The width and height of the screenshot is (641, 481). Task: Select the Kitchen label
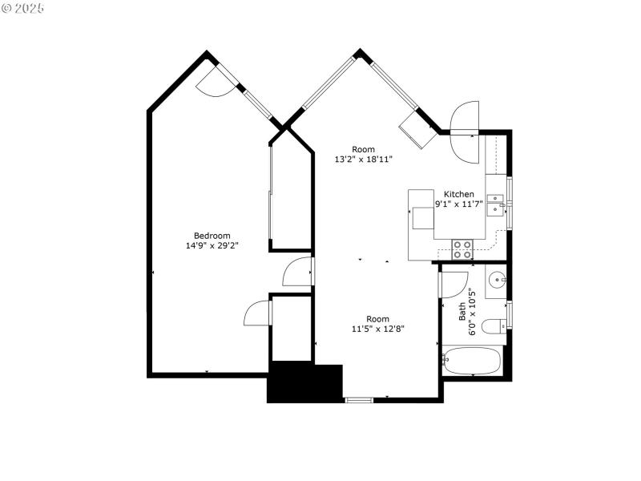point(459,194)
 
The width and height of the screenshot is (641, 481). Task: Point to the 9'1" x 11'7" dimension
point(459,204)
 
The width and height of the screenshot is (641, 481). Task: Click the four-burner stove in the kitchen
point(462,249)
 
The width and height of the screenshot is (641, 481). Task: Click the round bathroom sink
point(496,281)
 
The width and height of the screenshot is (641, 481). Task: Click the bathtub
point(473,360)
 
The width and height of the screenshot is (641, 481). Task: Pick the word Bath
point(462,311)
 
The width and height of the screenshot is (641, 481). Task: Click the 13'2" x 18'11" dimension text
point(363,159)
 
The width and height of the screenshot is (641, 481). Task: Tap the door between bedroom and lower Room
point(298,273)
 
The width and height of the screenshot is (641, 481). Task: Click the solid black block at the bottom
point(304,383)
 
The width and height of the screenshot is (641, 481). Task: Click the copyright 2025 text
point(23,8)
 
